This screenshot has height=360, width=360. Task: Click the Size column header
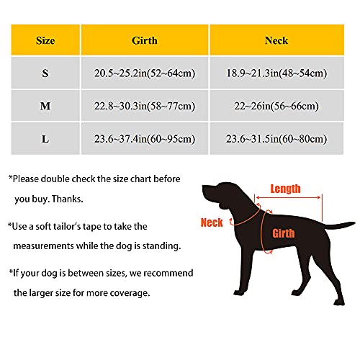45,40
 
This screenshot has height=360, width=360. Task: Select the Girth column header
144,40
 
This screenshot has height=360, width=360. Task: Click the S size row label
45,73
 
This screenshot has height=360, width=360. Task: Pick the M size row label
45,106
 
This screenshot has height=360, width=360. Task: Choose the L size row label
45,138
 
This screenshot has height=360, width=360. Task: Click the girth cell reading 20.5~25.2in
144,73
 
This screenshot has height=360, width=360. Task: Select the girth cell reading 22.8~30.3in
144,106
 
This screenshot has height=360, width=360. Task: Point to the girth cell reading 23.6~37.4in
144,138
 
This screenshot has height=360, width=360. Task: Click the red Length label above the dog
285,189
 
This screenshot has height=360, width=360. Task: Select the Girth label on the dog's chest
283,234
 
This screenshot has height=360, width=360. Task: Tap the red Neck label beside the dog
211,223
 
